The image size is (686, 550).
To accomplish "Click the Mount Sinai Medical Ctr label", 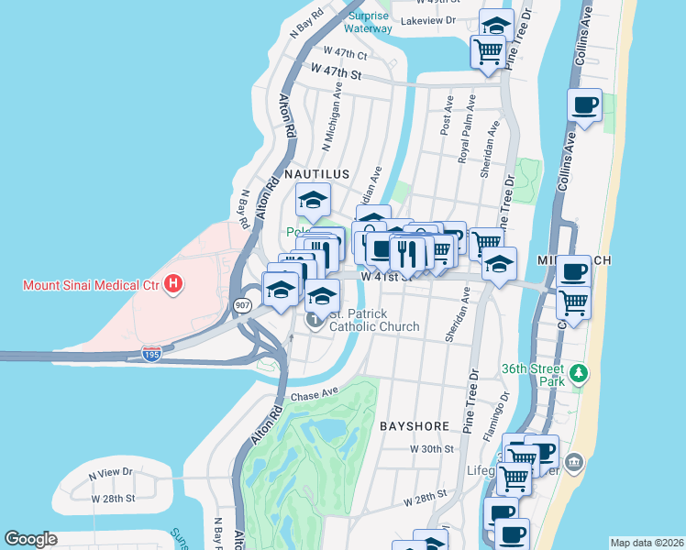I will [92, 285].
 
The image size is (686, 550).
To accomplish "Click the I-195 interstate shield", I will [152, 353].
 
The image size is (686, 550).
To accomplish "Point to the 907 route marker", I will [242, 307].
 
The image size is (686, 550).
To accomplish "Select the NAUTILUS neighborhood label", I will [316, 173].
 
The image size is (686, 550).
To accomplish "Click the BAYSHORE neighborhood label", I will [414, 426].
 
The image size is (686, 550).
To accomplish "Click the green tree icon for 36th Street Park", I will [578, 374].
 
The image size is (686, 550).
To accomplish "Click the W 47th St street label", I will [337, 70].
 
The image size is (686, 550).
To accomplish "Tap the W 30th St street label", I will [432, 449].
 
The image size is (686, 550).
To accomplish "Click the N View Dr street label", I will [110, 474].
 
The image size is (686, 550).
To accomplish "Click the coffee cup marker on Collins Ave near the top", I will [584, 105].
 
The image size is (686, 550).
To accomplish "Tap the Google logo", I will [30, 539].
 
